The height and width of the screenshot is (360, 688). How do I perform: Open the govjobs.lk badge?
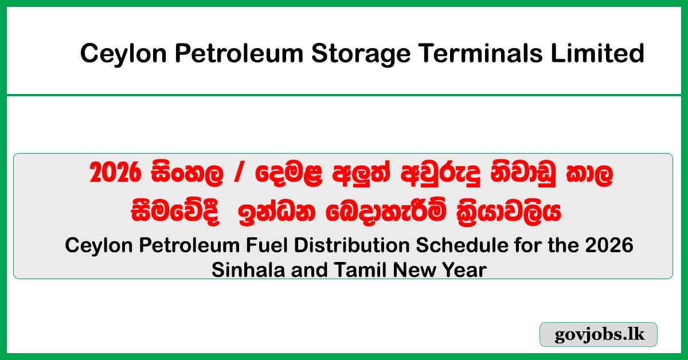click(x=598, y=335)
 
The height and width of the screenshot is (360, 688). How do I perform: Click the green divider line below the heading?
click(x=344, y=95)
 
